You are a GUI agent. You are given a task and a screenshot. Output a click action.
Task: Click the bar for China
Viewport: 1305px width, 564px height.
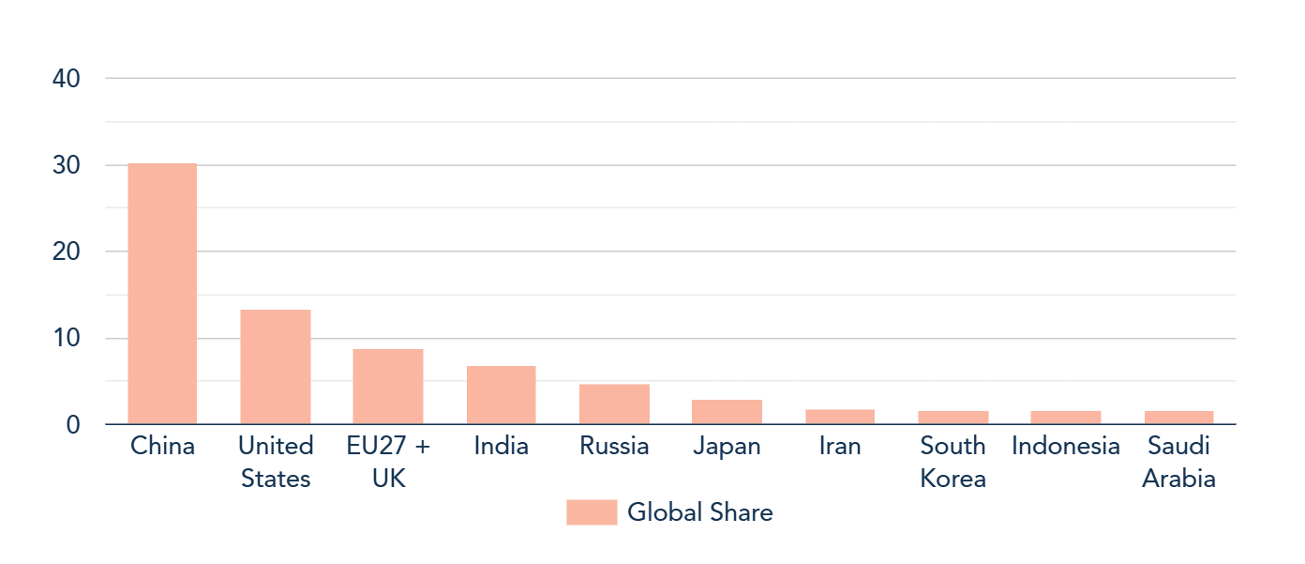162,294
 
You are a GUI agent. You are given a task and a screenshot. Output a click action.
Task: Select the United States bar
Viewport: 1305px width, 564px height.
275,367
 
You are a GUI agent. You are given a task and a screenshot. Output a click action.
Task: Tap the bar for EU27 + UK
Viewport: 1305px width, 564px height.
388,387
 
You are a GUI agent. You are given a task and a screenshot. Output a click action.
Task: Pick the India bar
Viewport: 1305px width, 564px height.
501,395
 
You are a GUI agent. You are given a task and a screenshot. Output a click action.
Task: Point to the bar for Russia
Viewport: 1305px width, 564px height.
614,404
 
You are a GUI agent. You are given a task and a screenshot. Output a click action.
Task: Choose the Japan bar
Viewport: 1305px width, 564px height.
727,412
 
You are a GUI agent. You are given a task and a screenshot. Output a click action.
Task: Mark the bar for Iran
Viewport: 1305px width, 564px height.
840,417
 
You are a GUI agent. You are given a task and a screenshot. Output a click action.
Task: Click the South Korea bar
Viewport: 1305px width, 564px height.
952,418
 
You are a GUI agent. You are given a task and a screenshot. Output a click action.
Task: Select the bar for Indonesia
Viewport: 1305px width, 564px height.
1066,418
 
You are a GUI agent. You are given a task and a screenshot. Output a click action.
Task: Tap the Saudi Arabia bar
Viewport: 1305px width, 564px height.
1178,418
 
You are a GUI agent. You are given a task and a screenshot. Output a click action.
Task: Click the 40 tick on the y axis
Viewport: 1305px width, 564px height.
67,79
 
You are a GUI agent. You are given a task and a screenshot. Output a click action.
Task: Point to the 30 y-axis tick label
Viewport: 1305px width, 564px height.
67,165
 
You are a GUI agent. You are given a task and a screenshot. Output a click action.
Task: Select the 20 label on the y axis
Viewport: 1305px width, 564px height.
67,252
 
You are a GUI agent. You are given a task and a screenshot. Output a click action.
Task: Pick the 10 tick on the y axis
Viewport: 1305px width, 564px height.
67,338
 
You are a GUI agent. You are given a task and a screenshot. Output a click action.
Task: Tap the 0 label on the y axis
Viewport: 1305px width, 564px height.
73,424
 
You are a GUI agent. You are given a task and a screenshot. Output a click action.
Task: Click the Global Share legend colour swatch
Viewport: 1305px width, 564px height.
592,512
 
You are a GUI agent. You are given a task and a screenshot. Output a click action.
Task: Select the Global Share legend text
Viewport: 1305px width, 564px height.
699,512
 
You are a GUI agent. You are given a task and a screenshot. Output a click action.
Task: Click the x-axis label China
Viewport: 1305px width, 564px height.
162,446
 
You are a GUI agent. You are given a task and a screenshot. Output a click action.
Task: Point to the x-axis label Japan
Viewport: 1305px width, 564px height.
727,446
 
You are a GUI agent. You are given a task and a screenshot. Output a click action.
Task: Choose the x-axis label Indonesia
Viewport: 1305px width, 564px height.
1066,446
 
